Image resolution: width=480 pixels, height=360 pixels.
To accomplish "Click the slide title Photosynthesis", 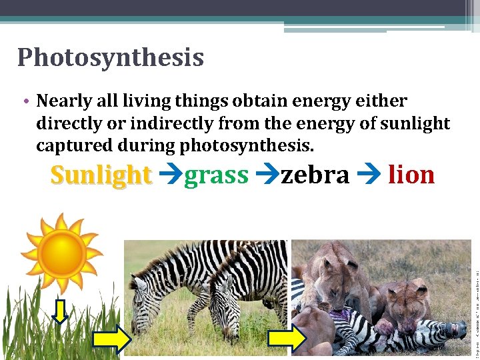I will click(x=110, y=57).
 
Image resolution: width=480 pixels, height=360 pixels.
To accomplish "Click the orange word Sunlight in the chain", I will click(x=101, y=175).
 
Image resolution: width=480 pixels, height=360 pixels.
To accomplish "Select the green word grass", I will click(x=216, y=175).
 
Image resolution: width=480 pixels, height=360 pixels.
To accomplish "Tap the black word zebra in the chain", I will click(x=315, y=175).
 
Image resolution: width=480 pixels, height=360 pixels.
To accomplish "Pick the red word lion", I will click(x=411, y=175).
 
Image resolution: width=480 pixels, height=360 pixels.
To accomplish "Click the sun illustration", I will click(x=61, y=253).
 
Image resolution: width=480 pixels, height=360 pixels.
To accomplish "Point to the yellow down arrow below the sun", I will click(x=60, y=311).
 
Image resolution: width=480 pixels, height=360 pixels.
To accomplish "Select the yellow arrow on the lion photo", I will click(x=287, y=339).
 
